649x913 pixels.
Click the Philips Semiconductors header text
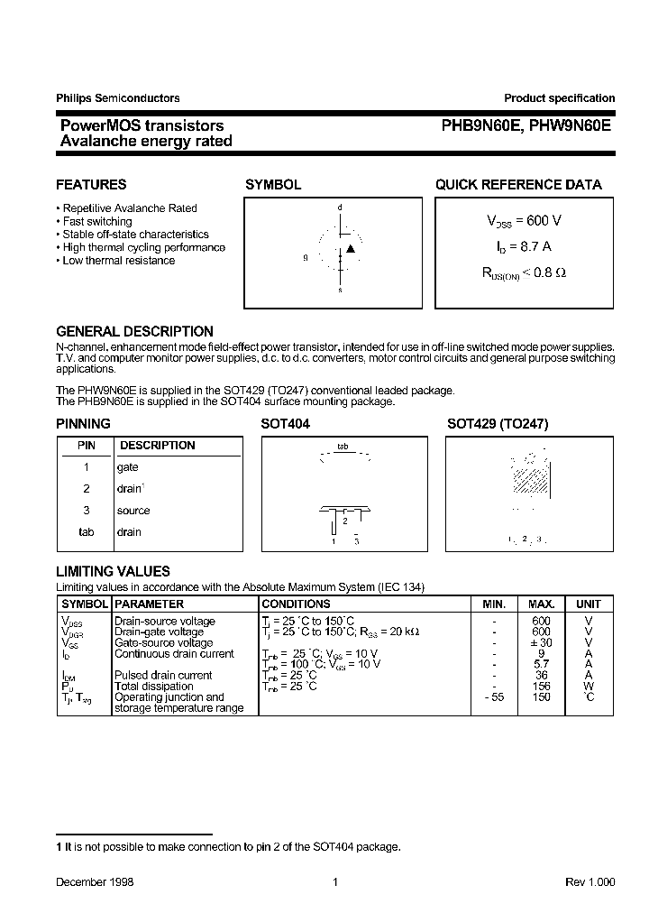coord(117,98)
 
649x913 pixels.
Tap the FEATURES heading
coord(91,184)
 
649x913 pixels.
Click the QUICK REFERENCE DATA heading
coord(518,184)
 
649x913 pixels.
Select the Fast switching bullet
coord(96,221)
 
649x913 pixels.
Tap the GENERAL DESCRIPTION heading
coord(134,331)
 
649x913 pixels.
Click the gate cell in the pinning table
coord(128,467)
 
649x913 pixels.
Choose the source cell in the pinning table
coord(133,511)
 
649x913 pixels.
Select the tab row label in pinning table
coord(87,532)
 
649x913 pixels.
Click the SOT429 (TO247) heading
coord(498,423)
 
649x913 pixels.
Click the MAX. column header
coord(541,604)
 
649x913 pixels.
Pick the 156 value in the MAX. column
coord(541,687)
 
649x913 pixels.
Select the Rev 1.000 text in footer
coord(590,881)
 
